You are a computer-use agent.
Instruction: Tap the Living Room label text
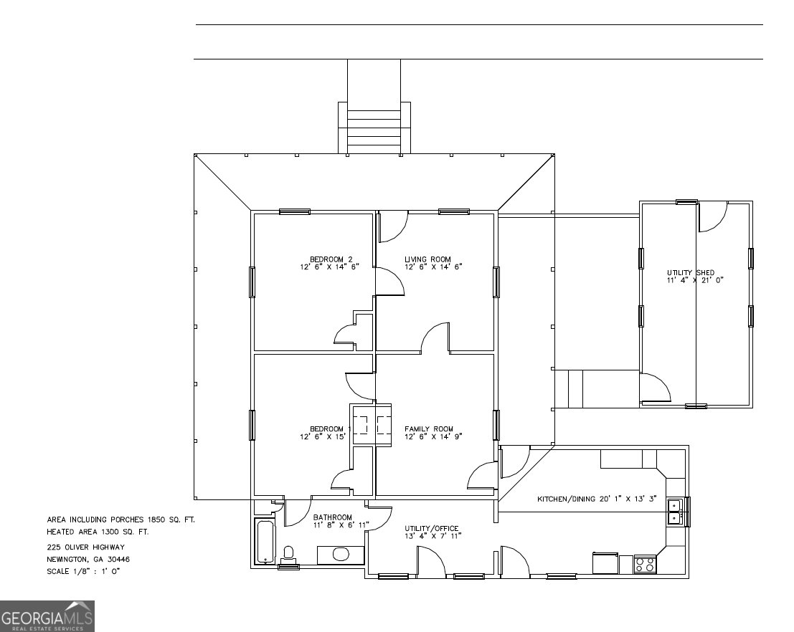click(x=433, y=263)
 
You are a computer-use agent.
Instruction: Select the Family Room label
click(x=433, y=433)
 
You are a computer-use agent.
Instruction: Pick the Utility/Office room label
click(x=432, y=531)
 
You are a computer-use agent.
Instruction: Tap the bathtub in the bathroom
click(x=265, y=542)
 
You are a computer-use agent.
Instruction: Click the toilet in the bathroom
click(x=289, y=553)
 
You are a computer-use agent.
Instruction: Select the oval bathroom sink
click(x=341, y=554)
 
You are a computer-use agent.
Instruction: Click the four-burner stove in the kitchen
click(x=645, y=564)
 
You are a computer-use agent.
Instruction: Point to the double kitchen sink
click(x=674, y=512)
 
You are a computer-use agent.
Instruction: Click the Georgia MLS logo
click(x=47, y=616)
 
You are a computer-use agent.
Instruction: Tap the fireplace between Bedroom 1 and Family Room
click(x=372, y=424)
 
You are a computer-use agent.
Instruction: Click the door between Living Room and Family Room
click(x=435, y=340)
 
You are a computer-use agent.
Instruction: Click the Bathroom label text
click(x=332, y=521)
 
